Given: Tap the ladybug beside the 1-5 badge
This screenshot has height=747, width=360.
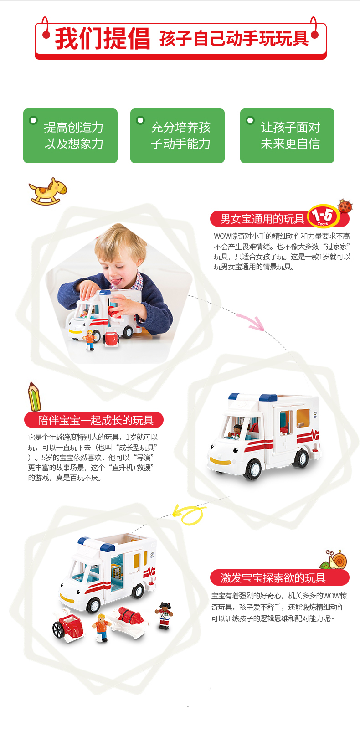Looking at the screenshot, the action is (x=345, y=206).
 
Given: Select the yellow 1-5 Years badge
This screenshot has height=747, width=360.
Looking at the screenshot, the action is (x=323, y=216).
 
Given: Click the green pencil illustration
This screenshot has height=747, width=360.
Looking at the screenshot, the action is (x=34, y=396).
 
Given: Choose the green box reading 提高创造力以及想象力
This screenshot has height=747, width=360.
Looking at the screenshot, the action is (x=70, y=136).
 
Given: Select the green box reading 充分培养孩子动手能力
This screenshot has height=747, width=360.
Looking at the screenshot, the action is (x=177, y=136).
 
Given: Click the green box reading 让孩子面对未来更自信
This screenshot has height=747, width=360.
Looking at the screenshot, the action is (x=288, y=136).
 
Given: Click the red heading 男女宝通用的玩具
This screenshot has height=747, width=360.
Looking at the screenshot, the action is (x=262, y=219).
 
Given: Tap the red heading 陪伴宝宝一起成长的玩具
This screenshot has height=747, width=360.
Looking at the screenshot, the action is (x=96, y=420).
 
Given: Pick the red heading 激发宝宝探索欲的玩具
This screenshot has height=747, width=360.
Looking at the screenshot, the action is (x=273, y=577).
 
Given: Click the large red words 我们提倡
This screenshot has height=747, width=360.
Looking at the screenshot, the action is (x=103, y=39).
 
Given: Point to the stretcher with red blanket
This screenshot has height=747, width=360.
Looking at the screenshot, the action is (x=129, y=620).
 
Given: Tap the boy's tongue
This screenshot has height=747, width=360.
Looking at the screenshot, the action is (x=116, y=281).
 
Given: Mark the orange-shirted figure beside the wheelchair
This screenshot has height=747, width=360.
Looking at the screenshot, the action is (x=101, y=627).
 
